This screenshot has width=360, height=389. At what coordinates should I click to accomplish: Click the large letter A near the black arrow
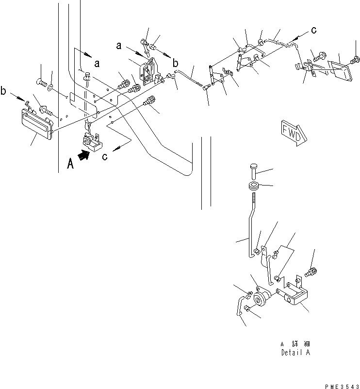pyautogui.click(x=70, y=164)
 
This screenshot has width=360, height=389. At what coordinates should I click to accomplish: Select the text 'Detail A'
pyautogui.click(x=295, y=353)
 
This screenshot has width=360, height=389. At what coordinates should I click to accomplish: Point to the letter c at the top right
pyautogui.click(x=314, y=30)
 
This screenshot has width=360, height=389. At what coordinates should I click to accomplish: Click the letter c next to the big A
pyautogui.click(x=104, y=156)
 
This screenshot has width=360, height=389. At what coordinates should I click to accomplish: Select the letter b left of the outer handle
pyautogui.click(x=5, y=91)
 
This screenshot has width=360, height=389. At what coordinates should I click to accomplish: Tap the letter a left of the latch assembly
pyautogui.click(x=118, y=46)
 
